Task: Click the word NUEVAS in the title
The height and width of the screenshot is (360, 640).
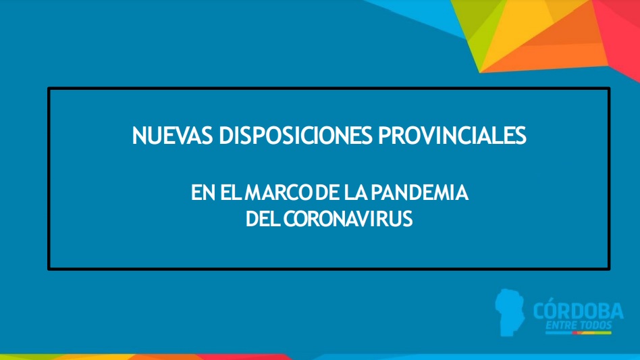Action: (172, 136)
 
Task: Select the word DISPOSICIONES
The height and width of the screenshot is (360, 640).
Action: (296, 136)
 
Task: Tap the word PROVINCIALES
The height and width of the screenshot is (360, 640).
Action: (452, 136)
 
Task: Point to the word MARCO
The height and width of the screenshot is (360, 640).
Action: (279, 192)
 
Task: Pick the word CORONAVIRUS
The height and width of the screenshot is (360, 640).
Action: (348, 220)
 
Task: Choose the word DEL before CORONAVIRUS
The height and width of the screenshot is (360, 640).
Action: (263, 220)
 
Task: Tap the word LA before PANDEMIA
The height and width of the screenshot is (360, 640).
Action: (356, 192)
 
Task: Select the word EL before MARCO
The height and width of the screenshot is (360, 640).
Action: (232, 192)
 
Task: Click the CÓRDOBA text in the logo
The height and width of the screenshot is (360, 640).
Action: (578, 310)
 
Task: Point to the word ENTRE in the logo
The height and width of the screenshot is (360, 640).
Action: (561, 326)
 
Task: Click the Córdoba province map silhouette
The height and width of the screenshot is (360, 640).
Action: (510, 312)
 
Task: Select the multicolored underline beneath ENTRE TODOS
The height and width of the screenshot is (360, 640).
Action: (579, 333)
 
